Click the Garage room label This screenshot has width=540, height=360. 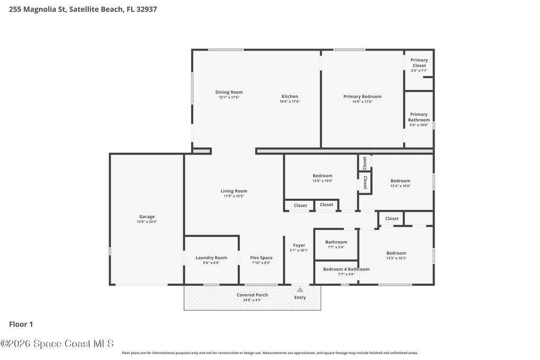coord(147,217)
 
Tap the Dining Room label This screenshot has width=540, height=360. coord(229,92)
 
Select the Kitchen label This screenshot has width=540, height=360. coord(290,96)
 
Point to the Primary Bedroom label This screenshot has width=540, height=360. coord(362,96)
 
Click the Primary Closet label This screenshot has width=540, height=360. coord(419,63)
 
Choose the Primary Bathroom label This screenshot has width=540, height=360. coord(419,117)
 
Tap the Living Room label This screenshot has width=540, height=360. coord(234,191)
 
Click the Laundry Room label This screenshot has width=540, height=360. coord(211,257)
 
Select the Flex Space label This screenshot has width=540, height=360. coord(261,257)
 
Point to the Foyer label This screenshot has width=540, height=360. coord(299,246)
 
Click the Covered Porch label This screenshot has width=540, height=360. coord(252,295)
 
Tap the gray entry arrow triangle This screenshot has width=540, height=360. coord(300,290)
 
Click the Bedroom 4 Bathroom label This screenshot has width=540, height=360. coord(346,269)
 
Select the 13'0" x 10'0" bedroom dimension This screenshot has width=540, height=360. coord(322,181)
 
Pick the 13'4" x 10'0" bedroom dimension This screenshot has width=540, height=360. coord(400,186)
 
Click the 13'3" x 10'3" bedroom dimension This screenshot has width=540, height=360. coord(396,258)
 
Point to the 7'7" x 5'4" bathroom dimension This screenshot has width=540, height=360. coord(336,247)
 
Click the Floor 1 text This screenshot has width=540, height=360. coord(21,324)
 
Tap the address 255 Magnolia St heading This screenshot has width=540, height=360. coord(83,9)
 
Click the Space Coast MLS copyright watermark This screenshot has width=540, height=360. coord(57,344)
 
